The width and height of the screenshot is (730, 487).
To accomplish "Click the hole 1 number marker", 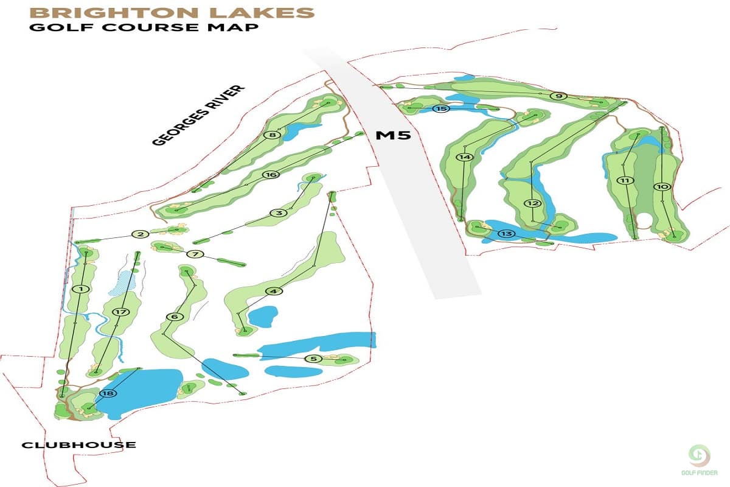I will pos(80,289).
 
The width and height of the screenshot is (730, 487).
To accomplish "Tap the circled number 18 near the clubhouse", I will pos(109,393).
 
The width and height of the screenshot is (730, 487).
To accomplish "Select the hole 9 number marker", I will pos(558,96).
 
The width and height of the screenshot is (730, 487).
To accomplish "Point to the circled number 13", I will pos(506,234).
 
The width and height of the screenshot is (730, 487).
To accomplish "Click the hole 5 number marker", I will pos(313,359).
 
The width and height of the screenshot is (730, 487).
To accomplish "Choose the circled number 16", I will pos(271,175).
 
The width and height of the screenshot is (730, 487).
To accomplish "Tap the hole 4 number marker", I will pos(274,291).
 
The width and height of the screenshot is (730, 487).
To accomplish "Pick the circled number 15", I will pos(442,108).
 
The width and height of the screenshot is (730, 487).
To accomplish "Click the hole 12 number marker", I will pos(533,203).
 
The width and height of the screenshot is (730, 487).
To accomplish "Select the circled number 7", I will pos(195,254).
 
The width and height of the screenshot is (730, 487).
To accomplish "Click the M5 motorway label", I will pos(393,135).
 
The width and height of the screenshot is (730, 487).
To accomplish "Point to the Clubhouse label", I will pos(78,445).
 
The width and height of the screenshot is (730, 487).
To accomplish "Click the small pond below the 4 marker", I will pos(263,316).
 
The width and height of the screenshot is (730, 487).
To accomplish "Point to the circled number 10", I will pos(662,186).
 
